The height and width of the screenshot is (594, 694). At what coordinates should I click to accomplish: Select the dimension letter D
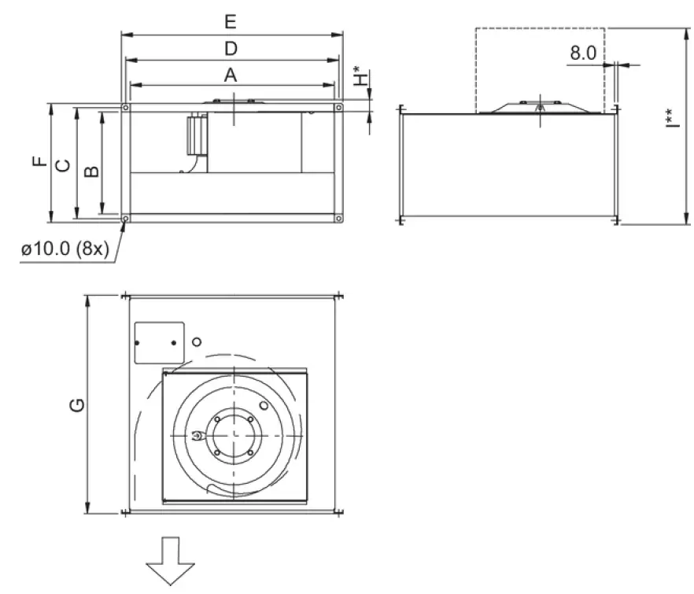pos(231,49)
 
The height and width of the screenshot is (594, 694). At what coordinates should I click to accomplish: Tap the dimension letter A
pos(231,75)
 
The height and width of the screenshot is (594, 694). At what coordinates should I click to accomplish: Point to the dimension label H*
pos(360,77)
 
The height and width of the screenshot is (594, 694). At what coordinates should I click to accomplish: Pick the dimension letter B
pos(91,170)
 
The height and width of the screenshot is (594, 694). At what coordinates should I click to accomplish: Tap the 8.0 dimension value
pos(583,53)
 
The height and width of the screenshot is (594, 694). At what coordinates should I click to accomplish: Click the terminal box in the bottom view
pos(159,342)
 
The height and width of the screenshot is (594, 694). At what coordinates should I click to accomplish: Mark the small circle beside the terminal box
pos(197,341)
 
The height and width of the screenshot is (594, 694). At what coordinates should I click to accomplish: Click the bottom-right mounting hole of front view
pos(338,218)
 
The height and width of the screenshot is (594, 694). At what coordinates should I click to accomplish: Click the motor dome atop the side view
pos(539,107)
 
